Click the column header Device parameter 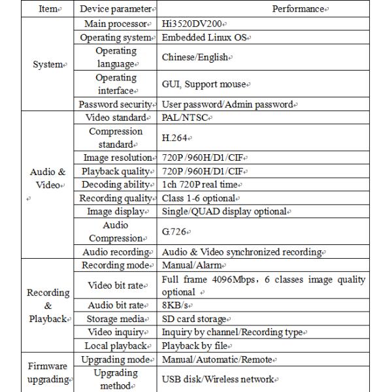click(x=117, y=9)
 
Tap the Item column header click(x=49, y=9)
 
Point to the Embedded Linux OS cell click(x=206, y=38)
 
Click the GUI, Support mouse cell click(x=204, y=85)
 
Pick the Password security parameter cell click(x=117, y=105)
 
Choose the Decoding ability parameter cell click(x=117, y=185)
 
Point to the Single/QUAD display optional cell click(x=225, y=212)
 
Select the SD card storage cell click(x=195, y=319)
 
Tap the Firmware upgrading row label click(x=49, y=372)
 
